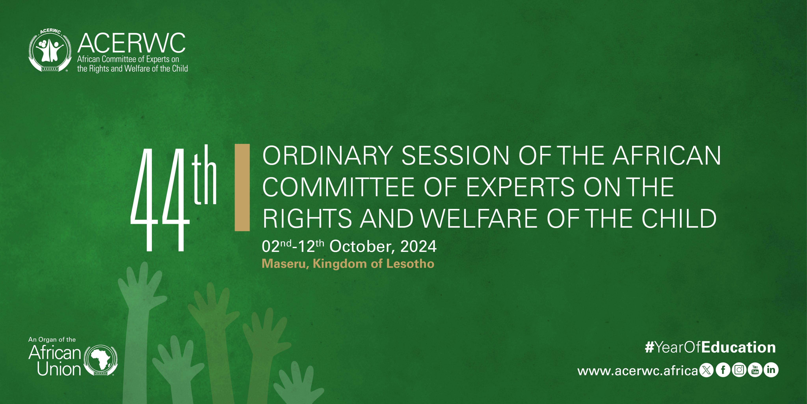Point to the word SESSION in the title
pyautogui.click(x=455, y=156)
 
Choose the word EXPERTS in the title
pyautogui.click(x=520, y=187)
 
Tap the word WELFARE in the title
pyautogui.click(x=479, y=218)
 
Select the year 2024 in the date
pyautogui.click(x=418, y=246)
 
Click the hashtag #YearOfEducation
pyautogui.click(x=710, y=347)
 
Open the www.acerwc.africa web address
pyautogui.click(x=638, y=371)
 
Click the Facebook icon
pyautogui.click(x=723, y=370)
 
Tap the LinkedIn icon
pyautogui.click(x=771, y=370)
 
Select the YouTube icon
pyautogui.click(x=755, y=370)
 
